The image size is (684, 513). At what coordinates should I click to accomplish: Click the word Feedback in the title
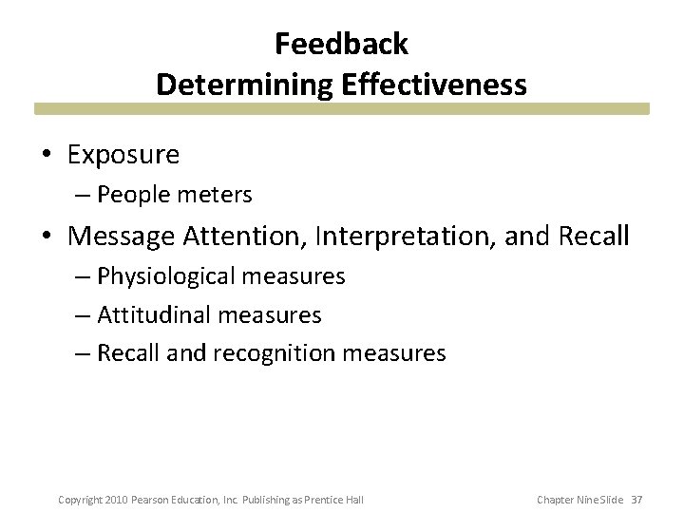(x=341, y=44)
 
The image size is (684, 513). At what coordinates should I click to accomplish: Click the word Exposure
(x=124, y=153)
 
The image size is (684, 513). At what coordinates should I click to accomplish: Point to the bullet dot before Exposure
(x=47, y=154)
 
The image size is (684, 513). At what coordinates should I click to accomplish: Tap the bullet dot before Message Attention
(x=47, y=235)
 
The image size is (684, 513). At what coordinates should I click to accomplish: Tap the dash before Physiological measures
(x=83, y=276)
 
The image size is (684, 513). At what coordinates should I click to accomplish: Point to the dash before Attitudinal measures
(x=83, y=314)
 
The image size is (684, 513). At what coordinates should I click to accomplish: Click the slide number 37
(x=636, y=500)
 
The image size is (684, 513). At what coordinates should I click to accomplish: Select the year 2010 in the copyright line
(x=116, y=500)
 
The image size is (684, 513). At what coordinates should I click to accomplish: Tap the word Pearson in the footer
(x=152, y=500)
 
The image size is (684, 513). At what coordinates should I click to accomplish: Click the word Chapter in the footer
(x=556, y=500)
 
